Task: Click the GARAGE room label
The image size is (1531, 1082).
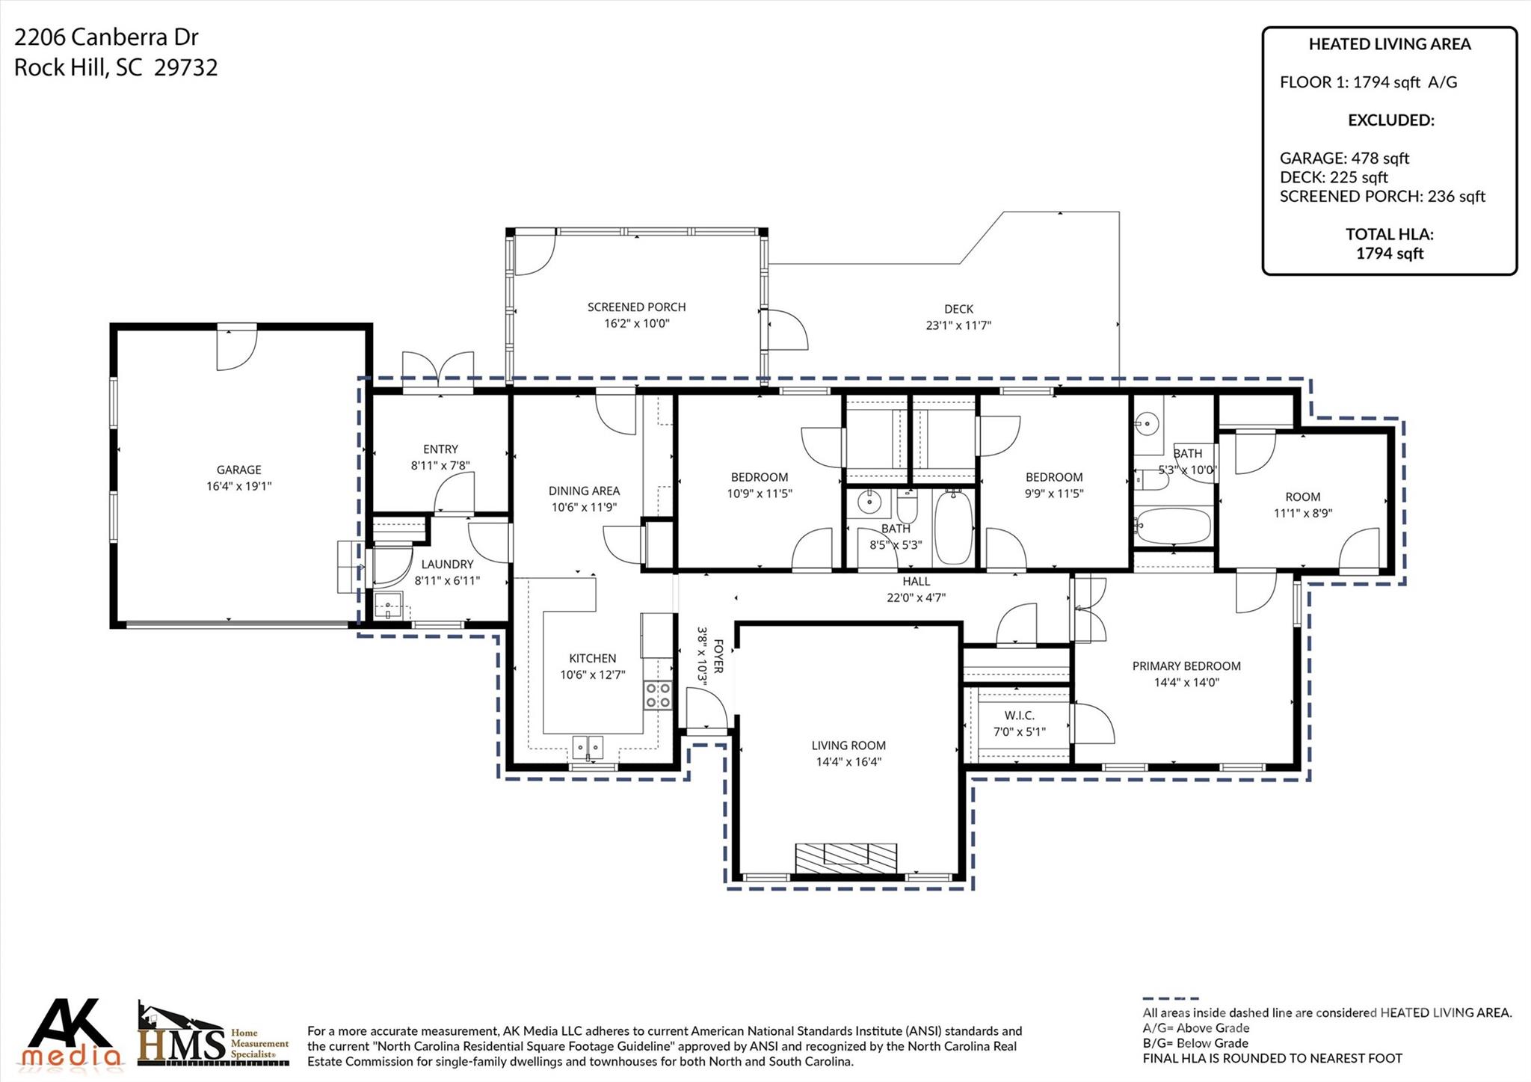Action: pyautogui.click(x=238, y=470)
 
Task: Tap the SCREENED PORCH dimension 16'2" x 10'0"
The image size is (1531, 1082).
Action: pyautogui.click(x=636, y=324)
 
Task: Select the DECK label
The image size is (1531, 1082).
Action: pyautogui.click(x=958, y=309)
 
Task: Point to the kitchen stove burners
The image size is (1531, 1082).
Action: pyautogui.click(x=659, y=695)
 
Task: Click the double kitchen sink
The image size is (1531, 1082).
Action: pyautogui.click(x=588, y=746)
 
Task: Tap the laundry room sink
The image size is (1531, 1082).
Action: pyautogui.click(x=389, y=606)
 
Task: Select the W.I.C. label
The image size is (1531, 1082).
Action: pyautogui.click(x=1019, y=716)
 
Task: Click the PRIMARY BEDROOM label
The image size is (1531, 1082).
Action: pyautogui.click(x=1186, y=666)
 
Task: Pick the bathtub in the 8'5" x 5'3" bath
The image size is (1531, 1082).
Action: pyautogui.click(x=953, y=527)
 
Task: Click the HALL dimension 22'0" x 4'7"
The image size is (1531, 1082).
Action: pyautogui.click(x=916, y=597)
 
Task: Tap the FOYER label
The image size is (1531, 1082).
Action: pyautogui.click(x=718, y=656)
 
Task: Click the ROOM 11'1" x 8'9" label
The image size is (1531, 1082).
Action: pyautogui.click(x=1303, y=497)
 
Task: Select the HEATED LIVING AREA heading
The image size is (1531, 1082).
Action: pyautogui.click(x=1389, y=44)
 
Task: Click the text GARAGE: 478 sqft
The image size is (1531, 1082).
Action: pyautogui.click(x=1344, y=158)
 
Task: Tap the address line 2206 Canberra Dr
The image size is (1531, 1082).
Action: pyautogui.click(x=106, y=37)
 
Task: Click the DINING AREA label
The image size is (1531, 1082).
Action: pyautogui.click(x=584, y=491)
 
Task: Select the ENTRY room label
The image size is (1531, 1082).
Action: pyautogui.click(x=440, y=449)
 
